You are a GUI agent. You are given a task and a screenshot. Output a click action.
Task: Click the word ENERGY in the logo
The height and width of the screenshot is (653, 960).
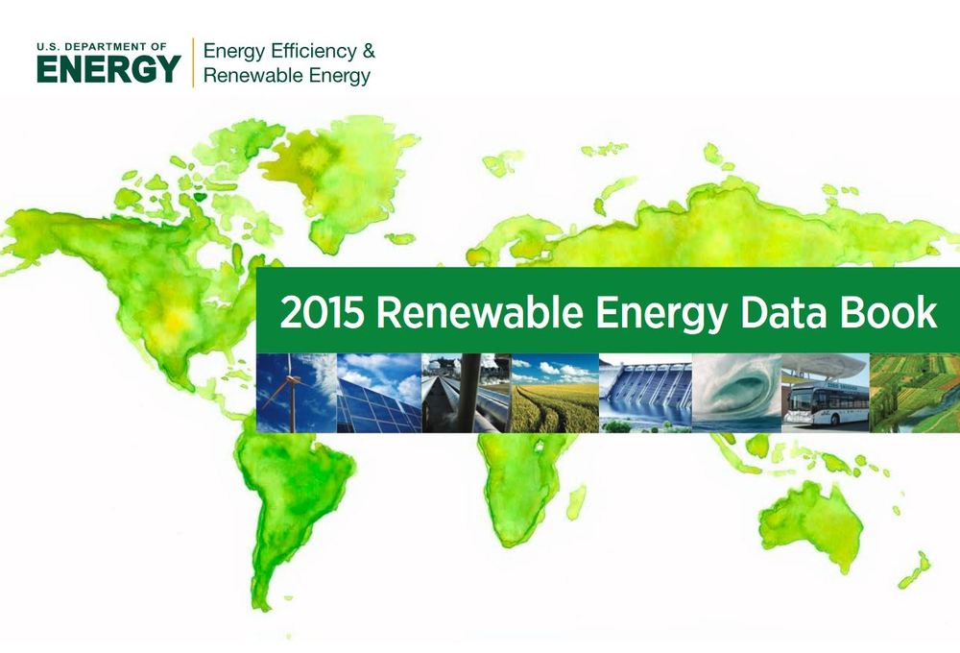[109, 68]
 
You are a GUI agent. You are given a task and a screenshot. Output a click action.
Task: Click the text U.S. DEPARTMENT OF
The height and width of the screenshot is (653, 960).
[102, 46]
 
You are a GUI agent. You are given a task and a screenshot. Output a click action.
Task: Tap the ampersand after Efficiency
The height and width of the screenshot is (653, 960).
[369, 51]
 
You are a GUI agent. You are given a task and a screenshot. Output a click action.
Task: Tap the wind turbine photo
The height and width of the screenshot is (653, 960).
[297, 394]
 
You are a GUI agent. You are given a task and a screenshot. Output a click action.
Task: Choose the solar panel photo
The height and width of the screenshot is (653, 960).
[379, 394]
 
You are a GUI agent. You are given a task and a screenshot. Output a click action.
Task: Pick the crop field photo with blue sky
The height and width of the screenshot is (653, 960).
[555, 394]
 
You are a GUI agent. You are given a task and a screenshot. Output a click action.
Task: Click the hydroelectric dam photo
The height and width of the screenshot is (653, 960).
[645, 394]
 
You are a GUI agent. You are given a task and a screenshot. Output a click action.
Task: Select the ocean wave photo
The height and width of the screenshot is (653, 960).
[736, 394]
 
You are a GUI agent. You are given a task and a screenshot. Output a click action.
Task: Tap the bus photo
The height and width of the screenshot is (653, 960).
[826, 394]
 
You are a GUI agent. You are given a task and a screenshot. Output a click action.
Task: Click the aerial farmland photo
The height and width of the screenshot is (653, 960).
[915, 394]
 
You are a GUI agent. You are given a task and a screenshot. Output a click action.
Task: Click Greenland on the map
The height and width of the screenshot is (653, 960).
[338, 179]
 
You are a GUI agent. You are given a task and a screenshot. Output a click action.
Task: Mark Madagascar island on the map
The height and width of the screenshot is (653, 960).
[576, 502]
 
